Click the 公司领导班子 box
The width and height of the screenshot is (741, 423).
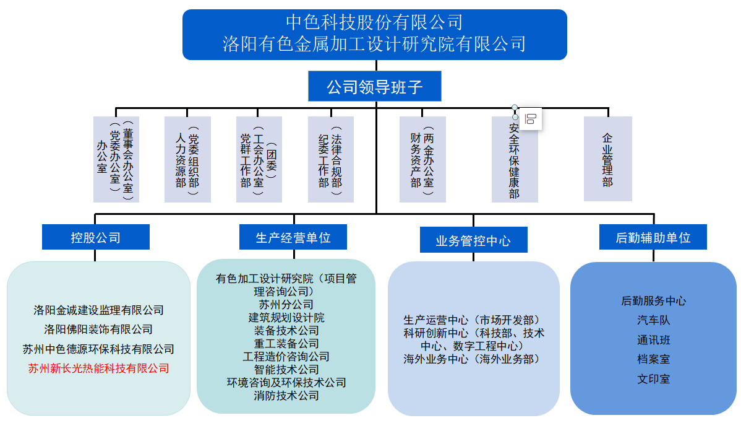(374, 87)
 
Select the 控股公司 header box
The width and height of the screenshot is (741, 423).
(95, 237)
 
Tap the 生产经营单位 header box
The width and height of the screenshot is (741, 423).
(293, 237)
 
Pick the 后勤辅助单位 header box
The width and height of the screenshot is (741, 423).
(653, 237)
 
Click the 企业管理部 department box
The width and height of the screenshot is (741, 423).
(607, 159)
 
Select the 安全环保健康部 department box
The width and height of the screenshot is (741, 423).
(514, 161)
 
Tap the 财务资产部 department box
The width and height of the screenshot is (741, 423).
(422, 159)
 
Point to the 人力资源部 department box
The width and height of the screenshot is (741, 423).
(187, 159)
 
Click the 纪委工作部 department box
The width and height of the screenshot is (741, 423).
(330, 159)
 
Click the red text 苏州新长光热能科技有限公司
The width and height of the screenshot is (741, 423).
(98, 368)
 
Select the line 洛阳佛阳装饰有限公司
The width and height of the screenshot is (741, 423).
(98, 329)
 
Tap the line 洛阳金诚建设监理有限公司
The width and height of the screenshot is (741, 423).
(98, 310)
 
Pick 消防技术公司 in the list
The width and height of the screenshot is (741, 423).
(286, 396)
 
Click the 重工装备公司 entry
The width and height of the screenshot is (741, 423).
(286, 343)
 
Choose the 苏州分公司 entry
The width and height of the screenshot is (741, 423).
(286, 305)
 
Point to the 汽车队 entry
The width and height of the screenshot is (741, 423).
(653, 320)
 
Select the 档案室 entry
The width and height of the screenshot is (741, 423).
(653, 359)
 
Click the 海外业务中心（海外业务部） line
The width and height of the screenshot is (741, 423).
(473, 359)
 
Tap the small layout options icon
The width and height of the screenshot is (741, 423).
(530, 119)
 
